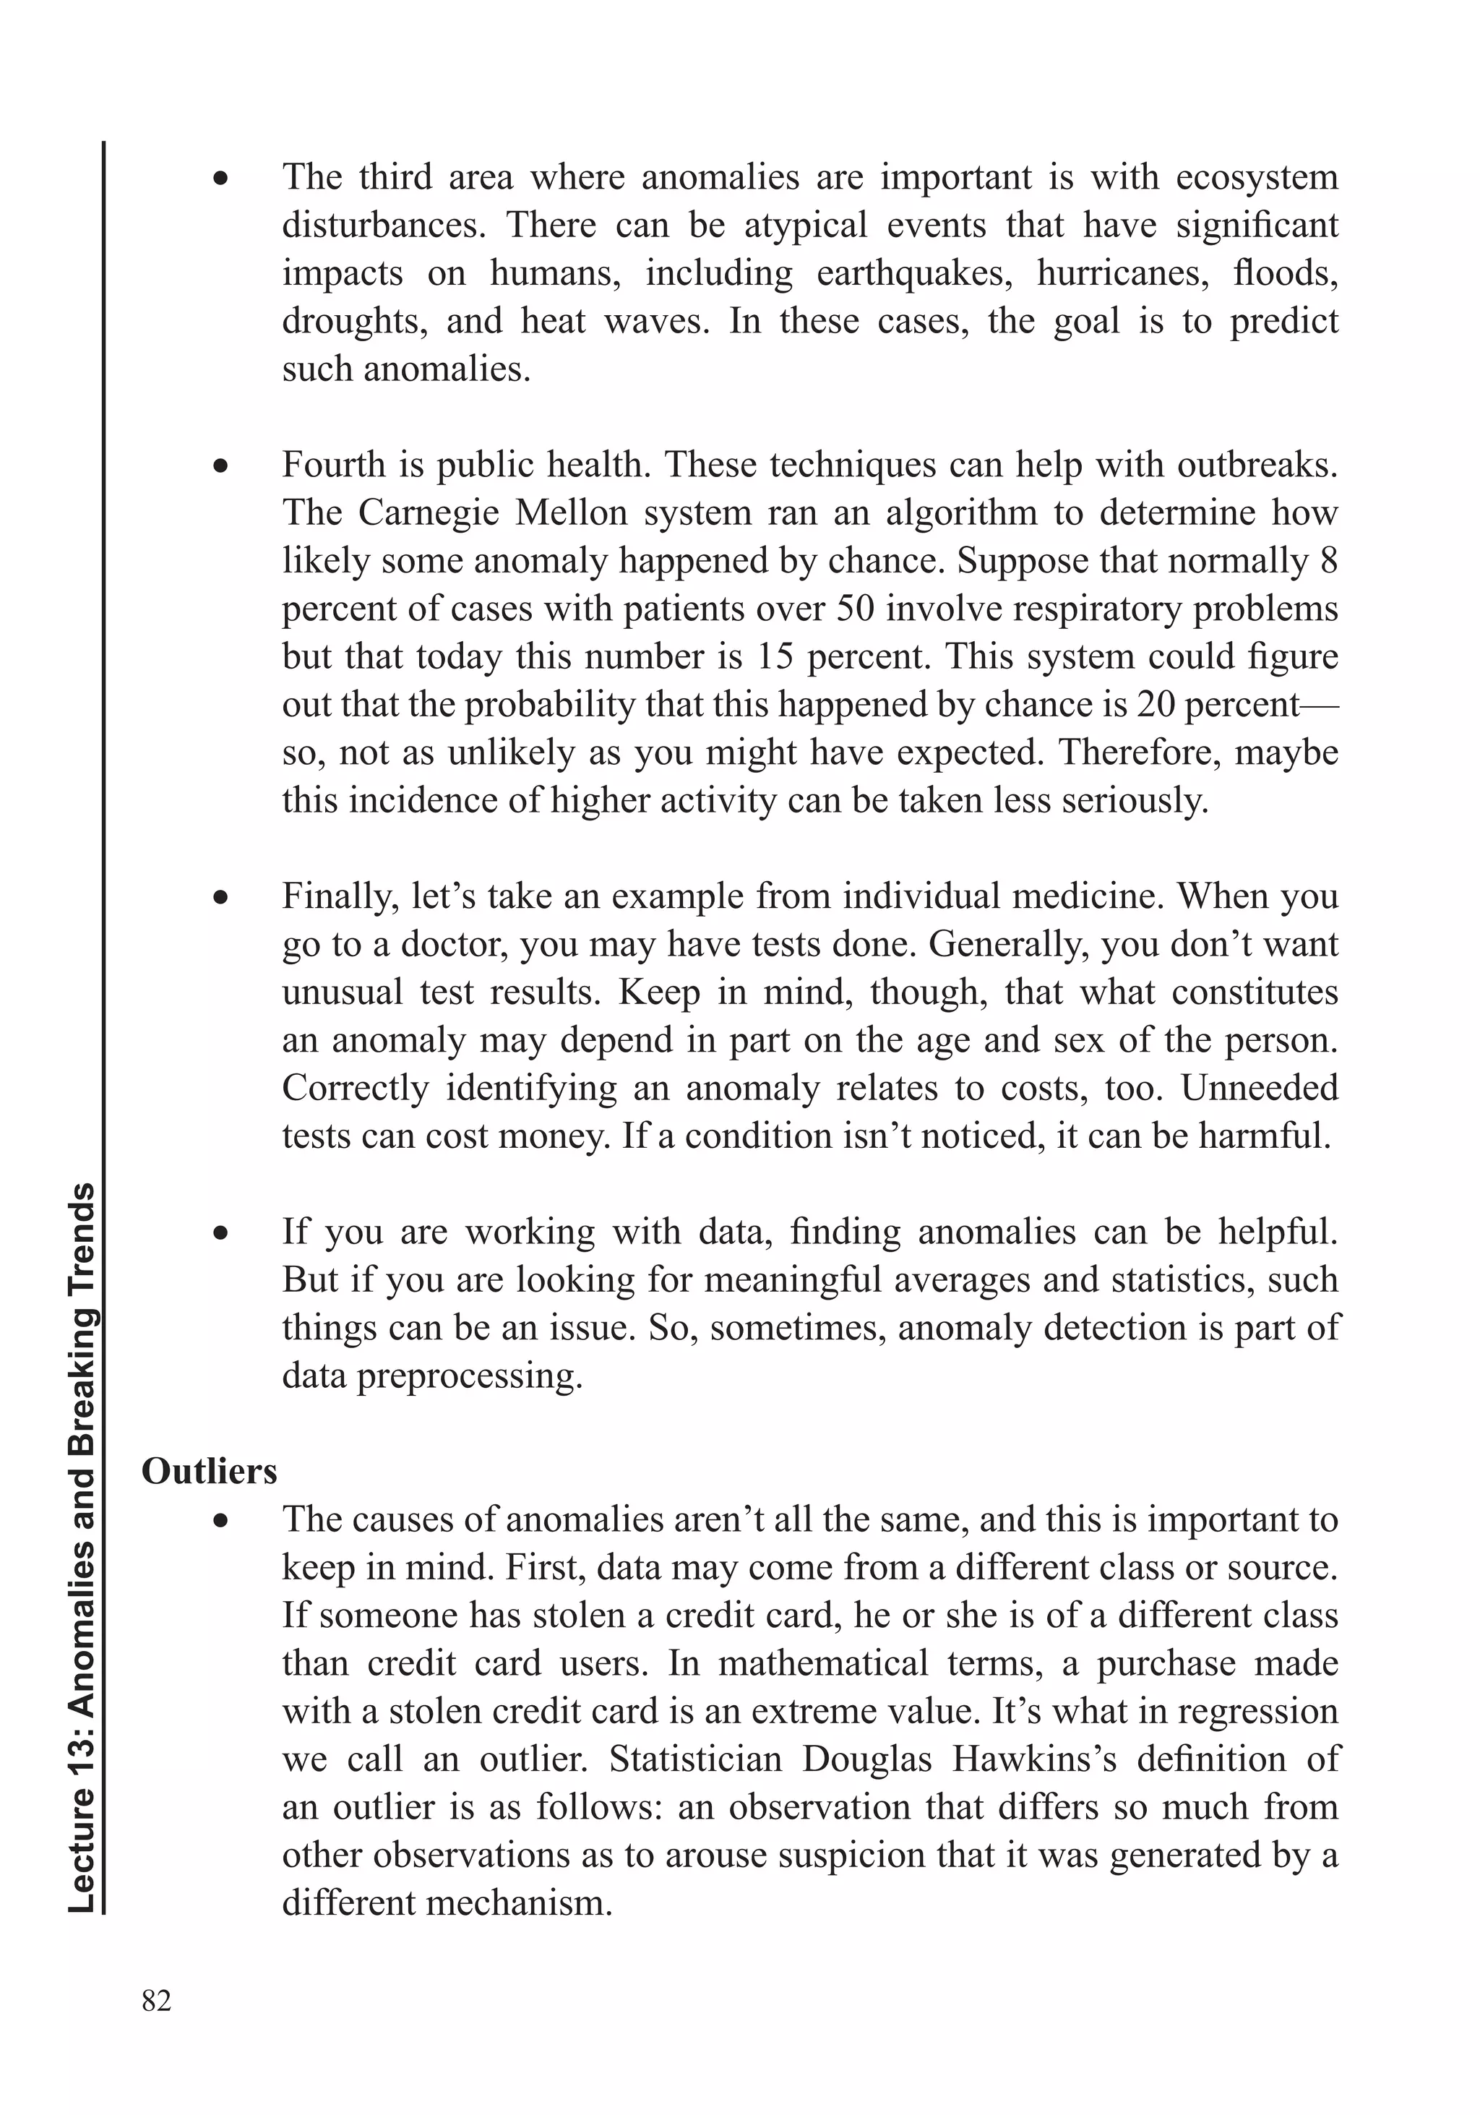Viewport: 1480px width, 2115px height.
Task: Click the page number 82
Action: [157, 2000]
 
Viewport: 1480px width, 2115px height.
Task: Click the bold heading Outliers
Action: [209, 1471]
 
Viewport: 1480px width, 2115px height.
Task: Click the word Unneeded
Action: [1259, 1088]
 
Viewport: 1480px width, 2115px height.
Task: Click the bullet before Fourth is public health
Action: [220, 466]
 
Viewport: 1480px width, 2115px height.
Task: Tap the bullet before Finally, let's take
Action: [220, 897]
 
